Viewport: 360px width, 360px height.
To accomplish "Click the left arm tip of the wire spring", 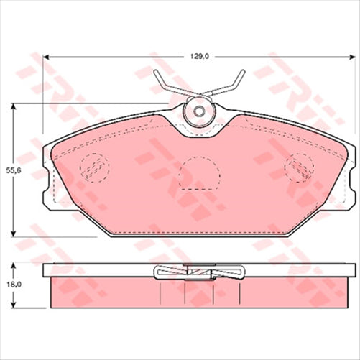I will coord(157,73).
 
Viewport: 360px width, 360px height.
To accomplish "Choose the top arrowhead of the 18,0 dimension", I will coord(14,265).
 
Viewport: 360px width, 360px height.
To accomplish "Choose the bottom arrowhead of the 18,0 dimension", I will coord(14,305).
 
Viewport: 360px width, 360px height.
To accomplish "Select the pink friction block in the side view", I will coord(108,291).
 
